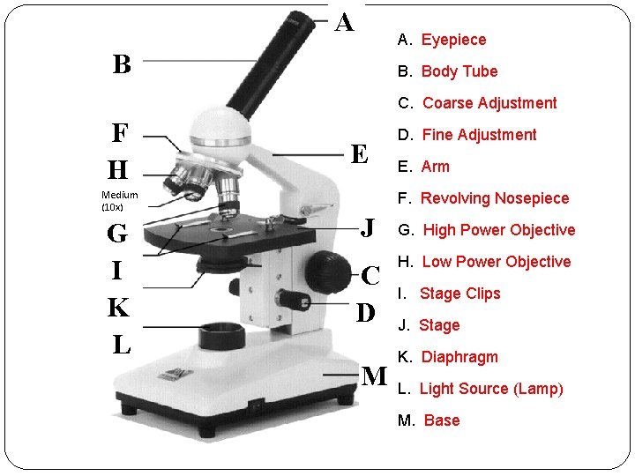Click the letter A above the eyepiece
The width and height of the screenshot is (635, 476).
point(344,22)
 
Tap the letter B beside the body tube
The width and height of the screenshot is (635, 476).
point(122,64)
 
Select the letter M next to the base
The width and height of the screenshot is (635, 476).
point(374,376)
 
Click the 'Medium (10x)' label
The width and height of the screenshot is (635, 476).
point(119,201)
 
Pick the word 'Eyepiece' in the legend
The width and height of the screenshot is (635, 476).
point(453,40)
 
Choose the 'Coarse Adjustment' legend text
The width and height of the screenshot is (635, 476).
point(489,103)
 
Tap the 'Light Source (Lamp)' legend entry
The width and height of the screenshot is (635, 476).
point(490,389)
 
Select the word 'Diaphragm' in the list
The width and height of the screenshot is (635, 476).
point(459,357)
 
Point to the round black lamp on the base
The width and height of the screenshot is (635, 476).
point(221,335)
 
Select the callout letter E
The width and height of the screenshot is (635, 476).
point(359,155)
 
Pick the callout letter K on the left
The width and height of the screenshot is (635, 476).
point(118,308)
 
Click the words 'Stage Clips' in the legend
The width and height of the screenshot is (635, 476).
point(459,294)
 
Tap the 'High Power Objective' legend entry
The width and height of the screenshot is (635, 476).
point(498,230)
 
